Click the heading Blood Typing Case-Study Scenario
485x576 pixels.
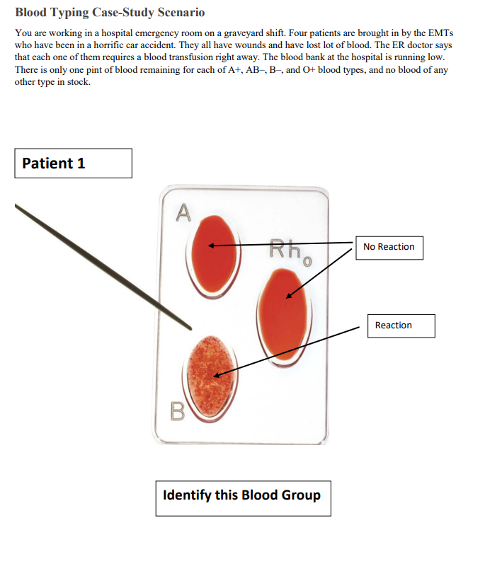[110, 13]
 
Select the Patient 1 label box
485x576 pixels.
[73, 163]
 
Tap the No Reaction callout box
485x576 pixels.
[389, 247]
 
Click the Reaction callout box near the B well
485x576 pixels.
[400, 326]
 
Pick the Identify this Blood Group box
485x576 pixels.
[243, 495]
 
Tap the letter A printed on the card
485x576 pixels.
[183, 212]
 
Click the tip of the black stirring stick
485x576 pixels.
[190, 328]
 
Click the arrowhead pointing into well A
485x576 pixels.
[210, 247]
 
